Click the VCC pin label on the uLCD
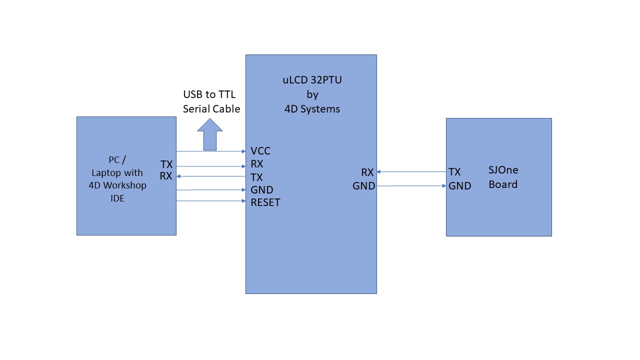coord(260,151)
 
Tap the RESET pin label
coord(265,202)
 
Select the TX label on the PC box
coord(166,164)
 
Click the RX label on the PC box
coord(166,176)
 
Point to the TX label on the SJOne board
coord(454,172)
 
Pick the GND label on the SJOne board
coord(459,186)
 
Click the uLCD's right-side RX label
coord(367,172)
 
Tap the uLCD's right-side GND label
coord(363,186)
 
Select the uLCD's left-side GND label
coord(261,190)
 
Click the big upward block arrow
coord(210,134)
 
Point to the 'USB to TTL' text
coord(209,94)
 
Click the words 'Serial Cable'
coord(211,109)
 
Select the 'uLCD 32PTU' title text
coord(312,80)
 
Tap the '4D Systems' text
coord(312,109)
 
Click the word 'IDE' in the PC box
coord(117,198)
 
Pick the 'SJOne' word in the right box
coord(503,170)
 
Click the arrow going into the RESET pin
coord(211,201)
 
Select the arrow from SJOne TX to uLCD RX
coord(411,171)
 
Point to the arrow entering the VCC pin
coord(211,151)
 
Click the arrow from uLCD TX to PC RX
coord(211,176)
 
